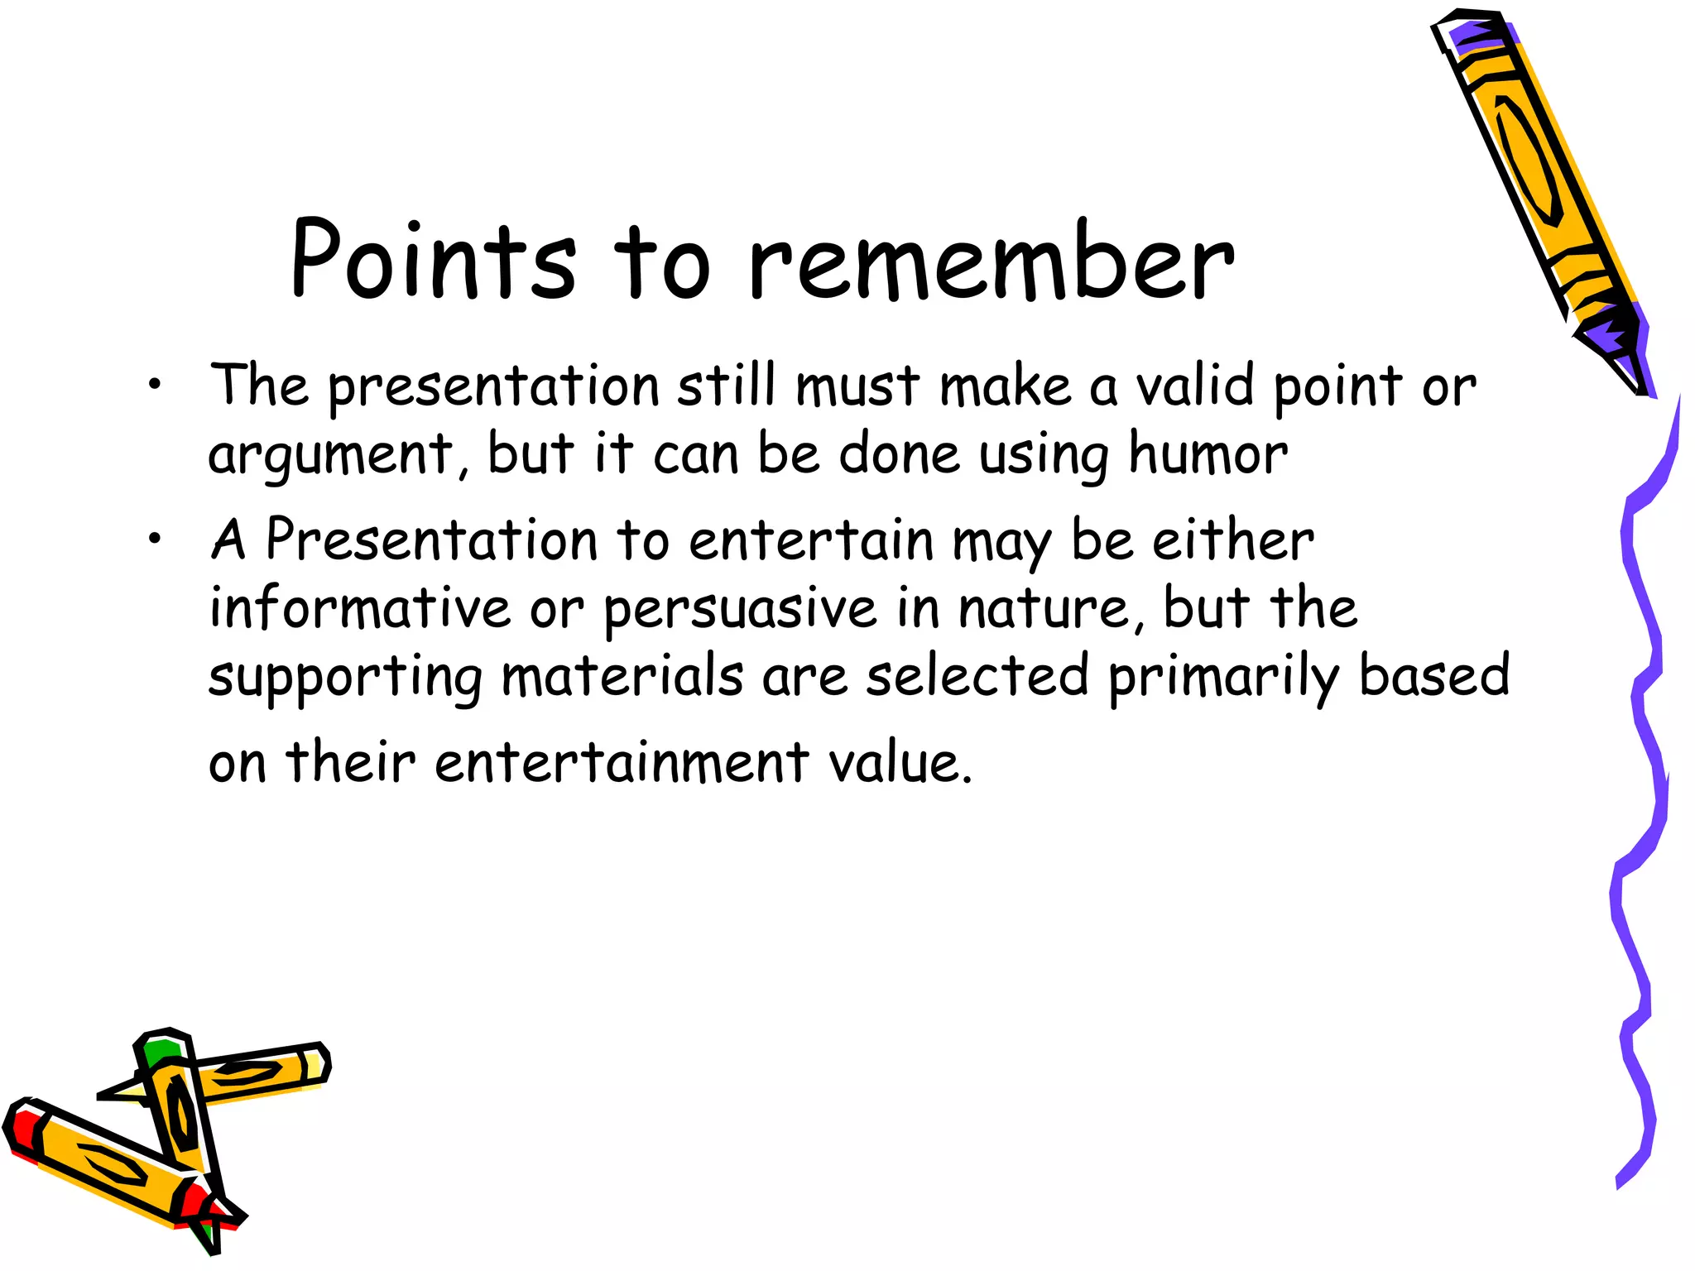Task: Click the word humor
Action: pos(1208,454)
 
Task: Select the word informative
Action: pos(359,608)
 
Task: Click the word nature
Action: pos(1049,608)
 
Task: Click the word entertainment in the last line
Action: pos(621,762)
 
